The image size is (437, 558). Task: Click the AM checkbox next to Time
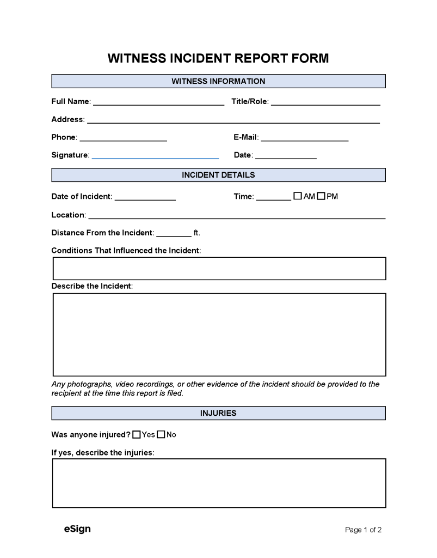298,196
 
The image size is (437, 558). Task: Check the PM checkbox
321,196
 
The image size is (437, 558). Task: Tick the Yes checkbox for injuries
137,434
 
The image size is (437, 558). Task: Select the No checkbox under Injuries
161,434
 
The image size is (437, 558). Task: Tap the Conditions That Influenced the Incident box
219,268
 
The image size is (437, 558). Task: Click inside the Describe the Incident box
219,334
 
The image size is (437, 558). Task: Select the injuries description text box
219,483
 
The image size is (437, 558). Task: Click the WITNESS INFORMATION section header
218,81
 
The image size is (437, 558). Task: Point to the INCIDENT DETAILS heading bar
218,175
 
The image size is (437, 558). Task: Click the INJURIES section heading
218,413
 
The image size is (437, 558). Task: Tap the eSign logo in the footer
77,529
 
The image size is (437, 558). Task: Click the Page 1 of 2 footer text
364,530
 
